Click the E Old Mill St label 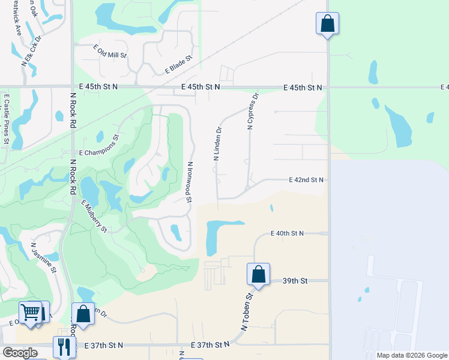(110, 50)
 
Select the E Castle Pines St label (7, 118)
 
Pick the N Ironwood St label (189, 181)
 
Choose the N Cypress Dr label (252, 111)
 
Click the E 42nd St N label (306, 179)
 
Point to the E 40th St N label (288, 233)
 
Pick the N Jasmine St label (44, 257)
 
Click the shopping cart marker (31, 312)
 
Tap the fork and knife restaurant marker (64, 346)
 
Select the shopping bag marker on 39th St (258, 274)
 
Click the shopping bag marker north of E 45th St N (327, 23)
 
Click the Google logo (20, 353)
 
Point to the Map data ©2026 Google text (411, 355)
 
